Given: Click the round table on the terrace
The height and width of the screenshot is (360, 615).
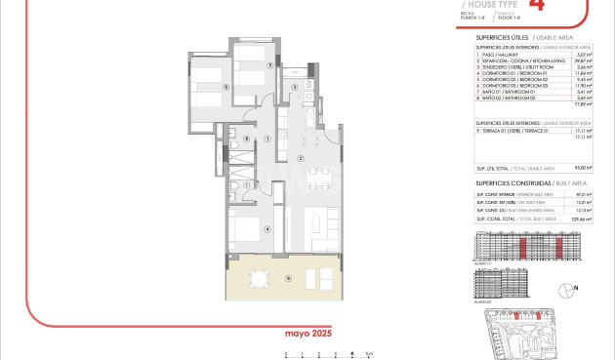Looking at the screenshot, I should coord(257,281).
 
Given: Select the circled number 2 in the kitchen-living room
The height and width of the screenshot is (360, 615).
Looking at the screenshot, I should coord(302,158).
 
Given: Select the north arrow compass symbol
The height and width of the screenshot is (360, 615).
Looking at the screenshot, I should coord(566,290).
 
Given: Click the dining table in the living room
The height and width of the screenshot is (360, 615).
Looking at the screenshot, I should coord(318,177).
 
